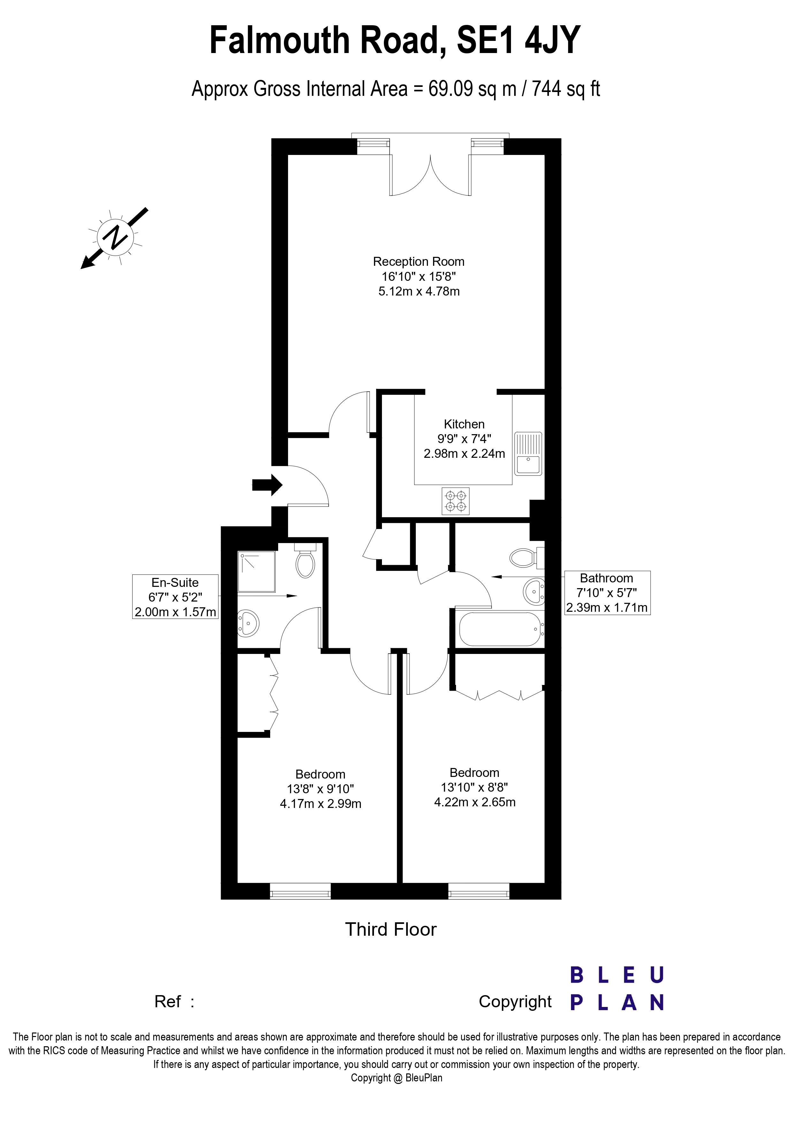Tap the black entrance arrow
[267, 485]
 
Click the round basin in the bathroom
[534, 592]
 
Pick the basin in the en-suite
[248, 623]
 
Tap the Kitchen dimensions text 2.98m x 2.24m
[464, 454]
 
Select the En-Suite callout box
[175, 597]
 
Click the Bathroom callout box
[607, 593]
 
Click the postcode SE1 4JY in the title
[518, 40]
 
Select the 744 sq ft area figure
[566, 89]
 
